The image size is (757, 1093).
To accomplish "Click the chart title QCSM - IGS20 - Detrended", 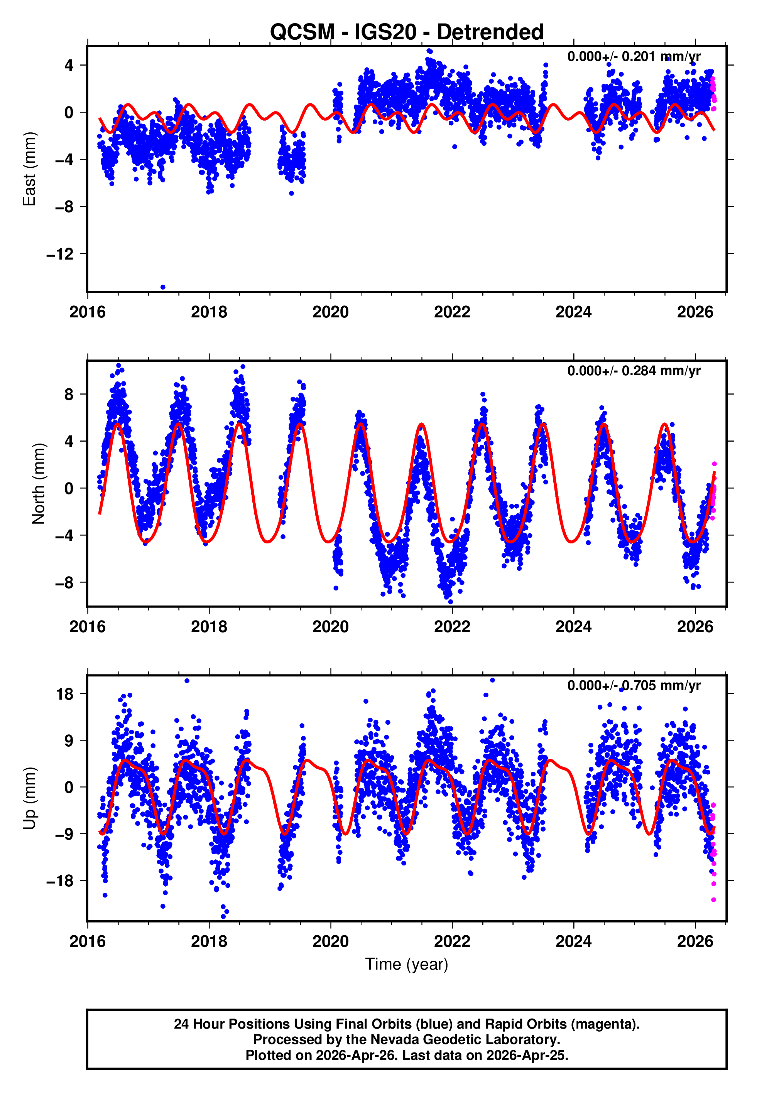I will pos(407,32).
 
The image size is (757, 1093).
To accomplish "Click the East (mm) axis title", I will pos(29,169).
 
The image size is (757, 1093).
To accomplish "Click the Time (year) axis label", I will pos(407,964).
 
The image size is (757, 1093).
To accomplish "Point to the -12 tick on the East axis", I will pos(60,254).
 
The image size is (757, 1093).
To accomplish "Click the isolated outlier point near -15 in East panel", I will pos(163,287).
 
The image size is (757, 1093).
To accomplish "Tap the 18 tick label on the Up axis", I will pos(65,694).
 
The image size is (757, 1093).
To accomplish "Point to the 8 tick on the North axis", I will pos(69,395).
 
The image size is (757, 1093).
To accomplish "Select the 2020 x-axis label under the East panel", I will pos(331,312).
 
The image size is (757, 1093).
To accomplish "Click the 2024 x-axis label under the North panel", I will pos(573,627).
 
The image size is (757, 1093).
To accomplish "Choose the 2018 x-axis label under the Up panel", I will pos(209,941).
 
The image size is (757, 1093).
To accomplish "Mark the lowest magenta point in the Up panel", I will pos(713,900).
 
